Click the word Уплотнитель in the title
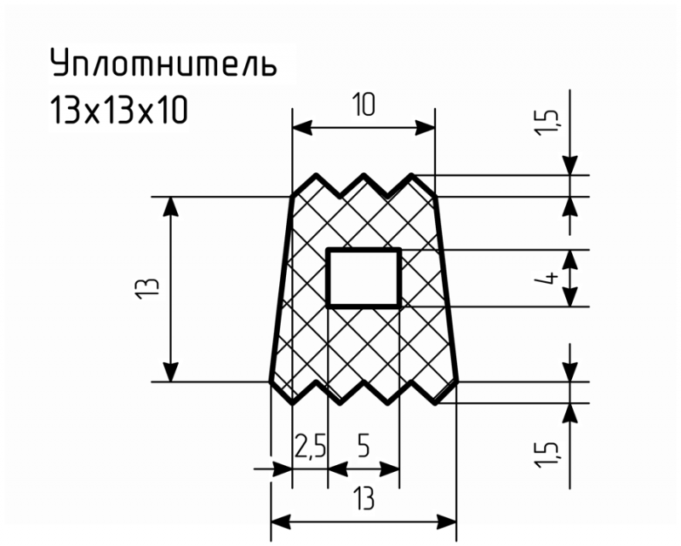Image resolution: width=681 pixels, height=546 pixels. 163,62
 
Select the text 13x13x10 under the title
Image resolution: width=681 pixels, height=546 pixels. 119,111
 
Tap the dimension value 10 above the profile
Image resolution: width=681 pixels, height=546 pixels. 363,106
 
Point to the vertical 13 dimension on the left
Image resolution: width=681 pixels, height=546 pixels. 146,289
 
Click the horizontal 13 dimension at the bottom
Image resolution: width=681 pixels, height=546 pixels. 363,498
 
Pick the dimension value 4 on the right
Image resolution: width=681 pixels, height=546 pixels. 552,279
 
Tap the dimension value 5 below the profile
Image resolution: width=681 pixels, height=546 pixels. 363,446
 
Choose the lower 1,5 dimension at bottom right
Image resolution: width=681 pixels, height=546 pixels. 547,455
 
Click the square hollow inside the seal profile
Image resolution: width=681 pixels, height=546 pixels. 363,279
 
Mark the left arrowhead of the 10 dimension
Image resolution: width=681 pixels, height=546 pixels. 302,129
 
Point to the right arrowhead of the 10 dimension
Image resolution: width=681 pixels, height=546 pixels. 425,129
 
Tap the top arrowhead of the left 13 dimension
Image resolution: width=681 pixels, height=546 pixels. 173,206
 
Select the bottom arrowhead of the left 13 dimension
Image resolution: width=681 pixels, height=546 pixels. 173,371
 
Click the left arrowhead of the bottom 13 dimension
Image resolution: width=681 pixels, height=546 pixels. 281,521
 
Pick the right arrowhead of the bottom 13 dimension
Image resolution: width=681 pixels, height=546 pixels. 447,521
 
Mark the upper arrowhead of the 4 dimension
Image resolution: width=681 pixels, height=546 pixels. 570,260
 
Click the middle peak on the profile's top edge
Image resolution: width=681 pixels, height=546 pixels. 363,175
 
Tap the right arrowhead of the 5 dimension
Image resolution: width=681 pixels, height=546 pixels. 390,469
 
